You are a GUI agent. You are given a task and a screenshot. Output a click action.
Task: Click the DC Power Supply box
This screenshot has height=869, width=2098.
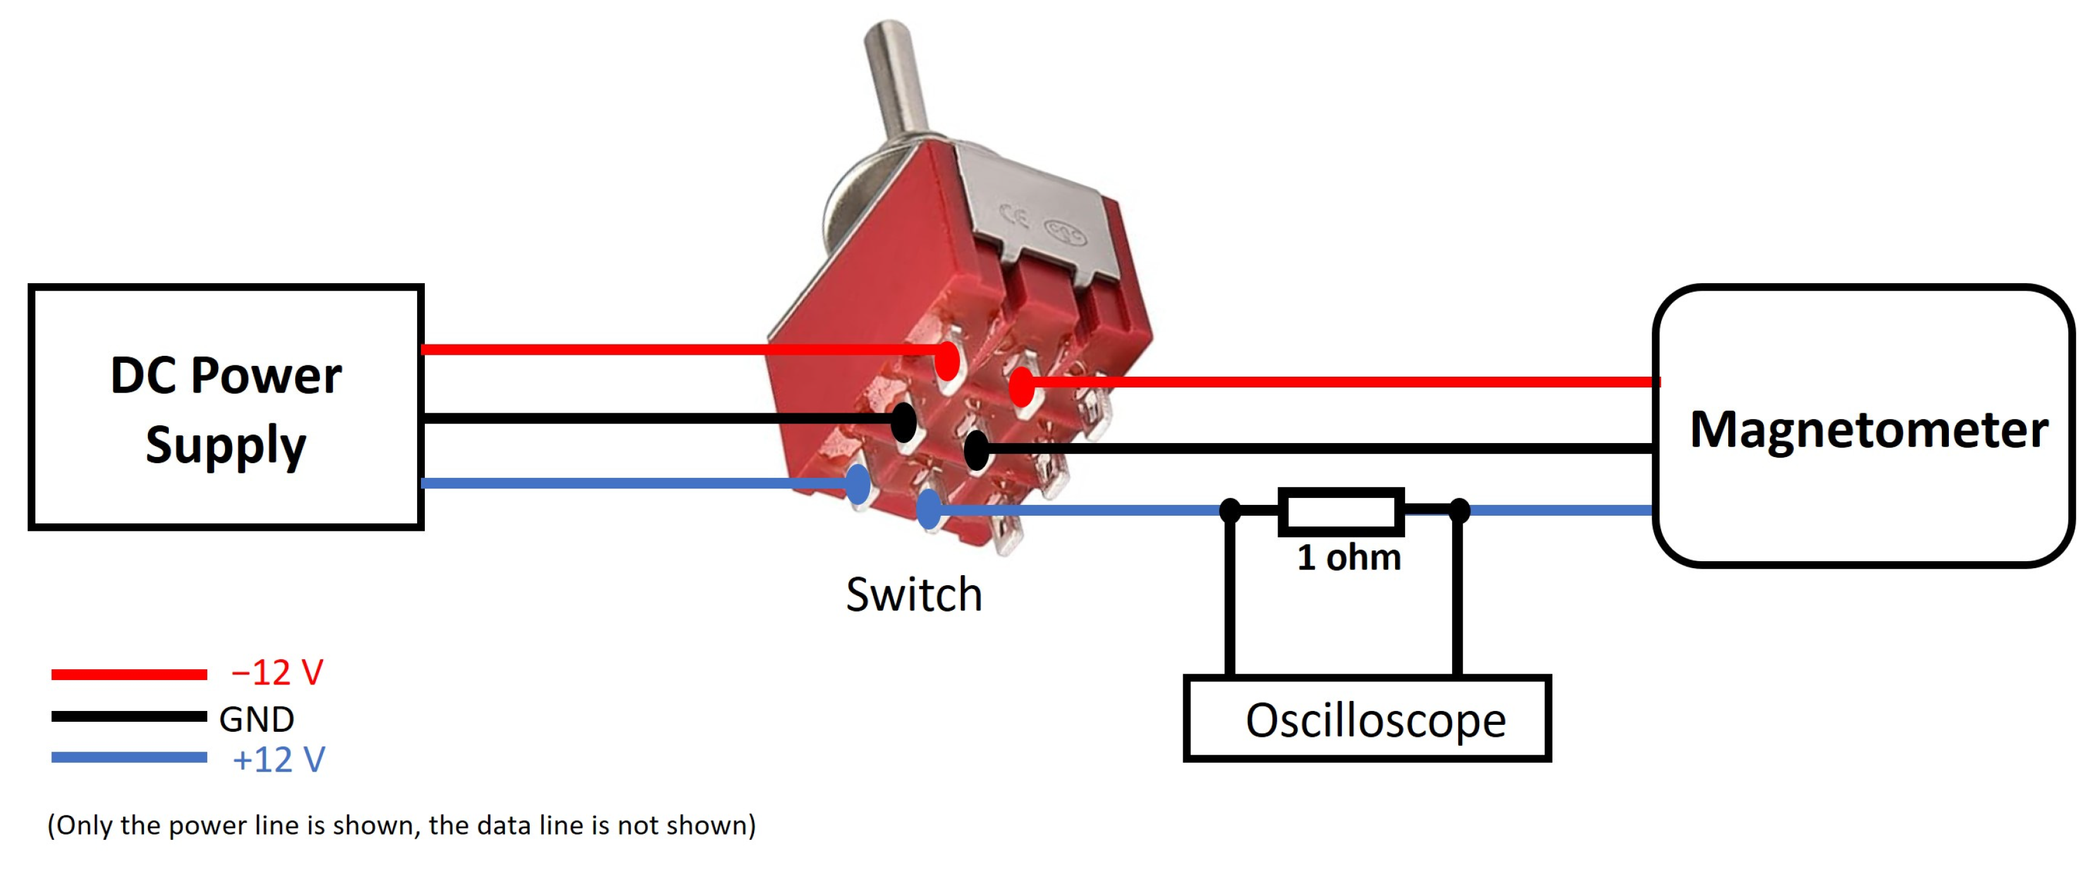(x=226, y=407)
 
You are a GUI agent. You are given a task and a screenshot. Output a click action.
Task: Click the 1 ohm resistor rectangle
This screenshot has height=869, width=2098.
(x=1341, y=511)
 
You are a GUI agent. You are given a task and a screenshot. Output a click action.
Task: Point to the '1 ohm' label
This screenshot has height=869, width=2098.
(x=1349, y=558)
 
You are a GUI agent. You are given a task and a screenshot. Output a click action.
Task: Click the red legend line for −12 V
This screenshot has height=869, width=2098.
(x=129, y=674)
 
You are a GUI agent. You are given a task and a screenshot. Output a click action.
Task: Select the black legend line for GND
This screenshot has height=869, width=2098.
(x=129, y=716)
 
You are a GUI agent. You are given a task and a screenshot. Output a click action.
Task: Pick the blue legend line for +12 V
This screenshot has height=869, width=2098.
(x=129, y=757)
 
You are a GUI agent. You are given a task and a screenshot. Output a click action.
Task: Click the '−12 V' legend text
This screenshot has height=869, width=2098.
(x=277, y=672)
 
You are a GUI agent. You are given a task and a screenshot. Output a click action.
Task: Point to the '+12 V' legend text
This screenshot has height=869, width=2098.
(x=279, y=759)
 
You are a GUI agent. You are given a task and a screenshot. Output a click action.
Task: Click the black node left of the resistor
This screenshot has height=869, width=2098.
(x=1230, y=511)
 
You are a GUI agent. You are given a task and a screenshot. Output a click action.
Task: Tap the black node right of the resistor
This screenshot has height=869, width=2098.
(x=1460, y=511)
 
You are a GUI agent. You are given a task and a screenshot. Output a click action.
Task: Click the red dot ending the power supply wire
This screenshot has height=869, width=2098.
(x=947, y=360)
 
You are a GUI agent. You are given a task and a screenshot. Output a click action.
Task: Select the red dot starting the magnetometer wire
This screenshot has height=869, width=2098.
(x=1022, y=386)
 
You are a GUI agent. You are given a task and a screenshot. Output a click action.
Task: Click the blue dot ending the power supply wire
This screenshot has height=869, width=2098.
(x=858, y=485)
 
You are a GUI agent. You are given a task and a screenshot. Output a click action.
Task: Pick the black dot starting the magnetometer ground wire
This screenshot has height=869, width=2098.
(x=977, y=449)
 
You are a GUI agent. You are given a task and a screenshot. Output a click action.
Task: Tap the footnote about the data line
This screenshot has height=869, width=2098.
(x=401, y=825)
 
